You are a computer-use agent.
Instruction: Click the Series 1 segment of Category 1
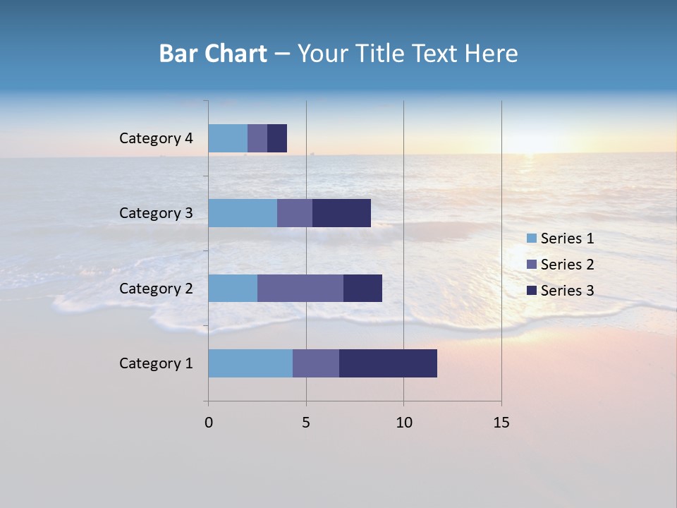point(250,363)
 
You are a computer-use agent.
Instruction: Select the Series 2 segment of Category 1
point(316,363)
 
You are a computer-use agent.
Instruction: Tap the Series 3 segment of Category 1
point(388,363)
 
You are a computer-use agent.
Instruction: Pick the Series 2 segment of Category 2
point(300,288)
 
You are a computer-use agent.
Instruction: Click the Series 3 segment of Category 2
point(362,288)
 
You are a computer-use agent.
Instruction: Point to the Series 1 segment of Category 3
point(243,213)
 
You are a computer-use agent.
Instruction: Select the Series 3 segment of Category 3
point(341,213)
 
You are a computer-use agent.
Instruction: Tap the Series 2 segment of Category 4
point(257,138)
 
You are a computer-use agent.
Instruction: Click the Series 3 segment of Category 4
point(277,138)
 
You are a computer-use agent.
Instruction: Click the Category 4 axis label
point(156,138)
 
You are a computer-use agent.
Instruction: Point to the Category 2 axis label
point(156,288)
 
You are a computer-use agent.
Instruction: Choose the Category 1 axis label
point(156,363)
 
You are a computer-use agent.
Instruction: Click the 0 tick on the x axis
point(209,423)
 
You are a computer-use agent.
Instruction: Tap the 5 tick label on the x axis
point(306,423)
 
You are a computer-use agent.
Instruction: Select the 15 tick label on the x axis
point(501,423)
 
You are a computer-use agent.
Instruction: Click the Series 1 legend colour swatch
point(532,238)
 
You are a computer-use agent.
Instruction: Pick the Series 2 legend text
point(567,265)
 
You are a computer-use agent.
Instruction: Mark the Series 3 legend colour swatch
point(532,291)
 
